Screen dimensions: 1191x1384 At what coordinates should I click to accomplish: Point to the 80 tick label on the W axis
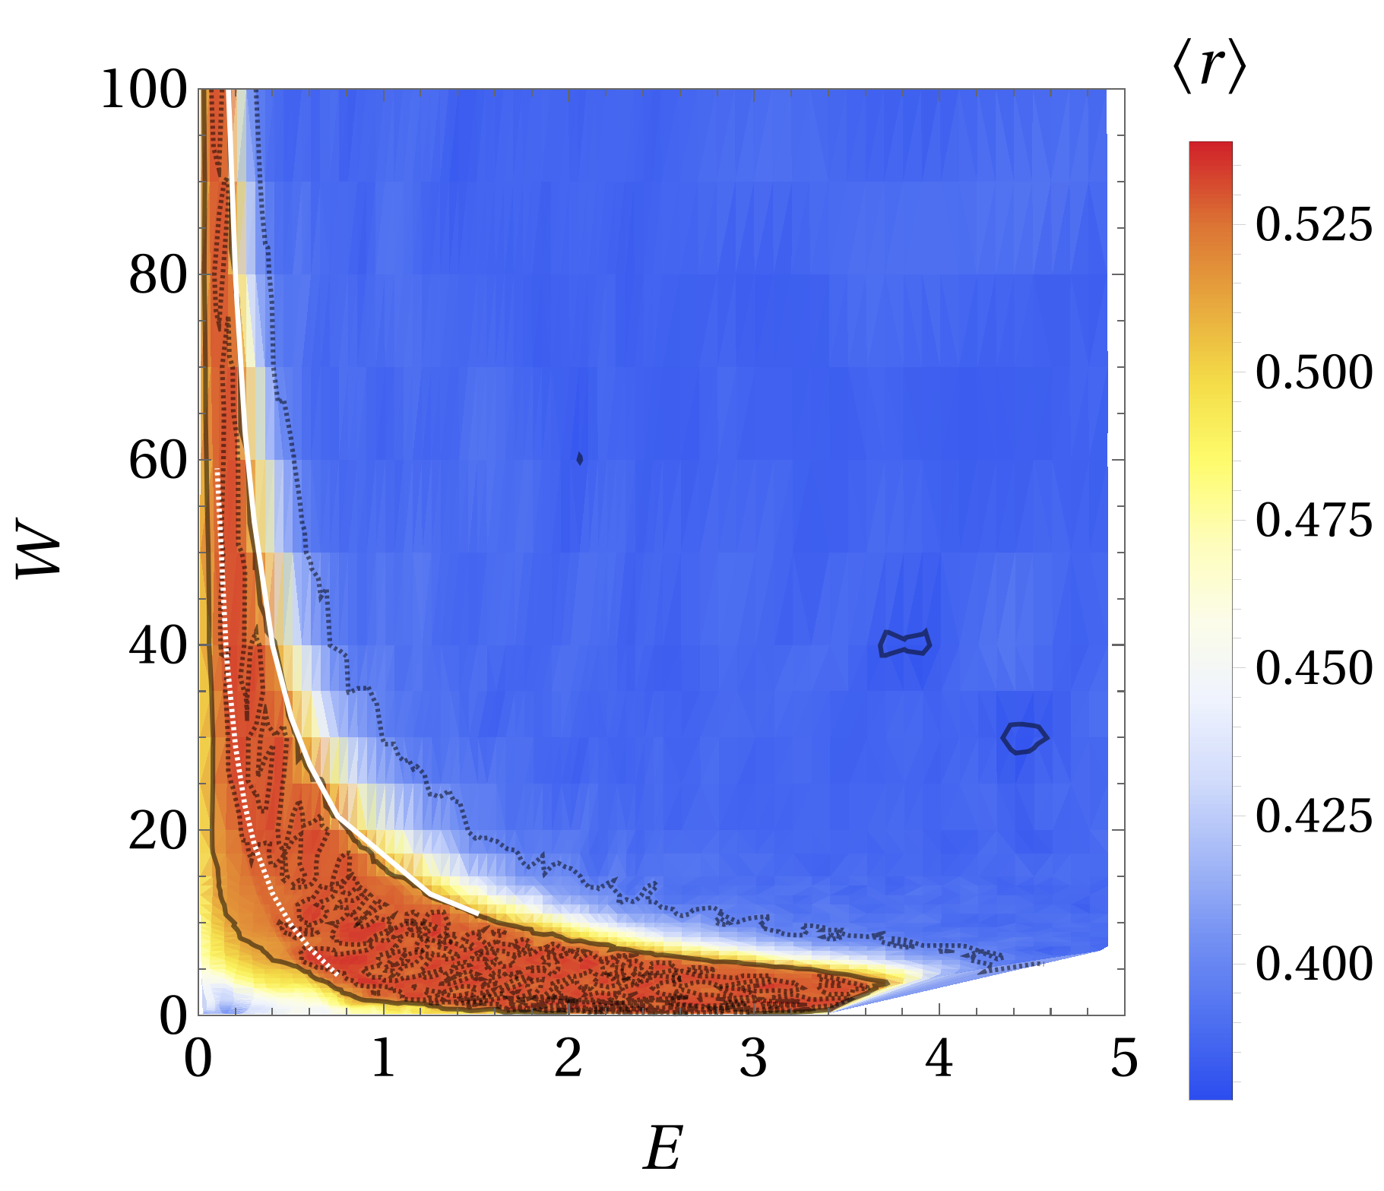[157, 276]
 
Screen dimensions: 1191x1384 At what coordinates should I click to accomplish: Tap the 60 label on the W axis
[157, 461]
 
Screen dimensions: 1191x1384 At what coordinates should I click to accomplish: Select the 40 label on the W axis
[157, 647]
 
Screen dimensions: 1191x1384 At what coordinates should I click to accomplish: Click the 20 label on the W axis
[157, 832]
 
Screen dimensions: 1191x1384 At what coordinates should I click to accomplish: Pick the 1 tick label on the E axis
[383, 1059]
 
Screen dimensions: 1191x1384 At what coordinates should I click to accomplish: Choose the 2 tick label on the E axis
[568, 1059]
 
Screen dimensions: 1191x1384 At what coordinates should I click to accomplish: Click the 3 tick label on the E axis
[753, 1059]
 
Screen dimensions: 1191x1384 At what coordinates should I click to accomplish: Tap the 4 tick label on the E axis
[939, 1059]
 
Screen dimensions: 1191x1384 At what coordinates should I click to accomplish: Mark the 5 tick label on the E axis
[1124, 1059]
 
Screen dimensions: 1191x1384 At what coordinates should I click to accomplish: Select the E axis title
[663, 1148]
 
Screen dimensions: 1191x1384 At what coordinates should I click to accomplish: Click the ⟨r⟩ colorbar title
[1209, 73]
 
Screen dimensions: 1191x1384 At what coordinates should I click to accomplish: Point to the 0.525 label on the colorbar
[1313, 226]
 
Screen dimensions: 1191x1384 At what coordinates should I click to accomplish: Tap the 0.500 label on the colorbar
[1313, 373]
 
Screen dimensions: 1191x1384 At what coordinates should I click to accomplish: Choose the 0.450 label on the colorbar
[1313, 669]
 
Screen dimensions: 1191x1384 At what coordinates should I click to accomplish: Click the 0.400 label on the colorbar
[1313, 965]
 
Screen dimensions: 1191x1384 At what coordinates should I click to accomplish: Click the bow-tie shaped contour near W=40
[904, 643]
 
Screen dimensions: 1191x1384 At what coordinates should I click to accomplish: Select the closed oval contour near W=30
[1024, 737]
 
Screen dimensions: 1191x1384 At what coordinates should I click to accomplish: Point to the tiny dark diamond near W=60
[580, 458]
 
